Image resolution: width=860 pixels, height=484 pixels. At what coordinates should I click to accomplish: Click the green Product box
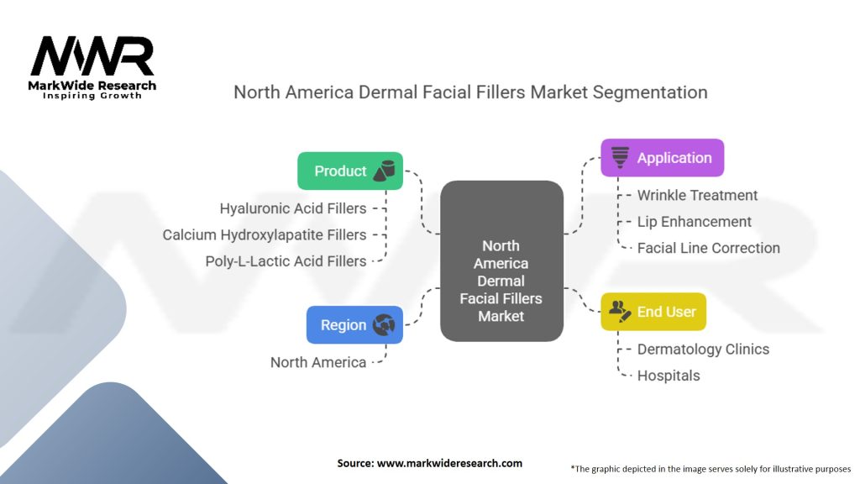[x=350, y=171]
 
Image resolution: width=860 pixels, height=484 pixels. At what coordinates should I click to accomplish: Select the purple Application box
[x=662, y=158]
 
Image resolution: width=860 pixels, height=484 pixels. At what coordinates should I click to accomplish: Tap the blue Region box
[x=355, y=325]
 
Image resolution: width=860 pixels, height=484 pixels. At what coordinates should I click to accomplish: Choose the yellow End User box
[x=653, y=312]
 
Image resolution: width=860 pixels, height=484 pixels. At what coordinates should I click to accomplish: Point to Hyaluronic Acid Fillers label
[x=293, y=208]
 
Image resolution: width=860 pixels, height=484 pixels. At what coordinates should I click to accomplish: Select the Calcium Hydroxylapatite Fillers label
[x=265, y=235]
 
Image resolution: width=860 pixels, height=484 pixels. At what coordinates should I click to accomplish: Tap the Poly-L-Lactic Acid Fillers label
[x=286, y=261]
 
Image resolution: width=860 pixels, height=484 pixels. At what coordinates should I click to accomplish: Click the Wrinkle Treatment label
[x=697, y=196]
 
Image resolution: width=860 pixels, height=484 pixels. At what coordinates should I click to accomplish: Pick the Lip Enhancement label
[x=694, y=222]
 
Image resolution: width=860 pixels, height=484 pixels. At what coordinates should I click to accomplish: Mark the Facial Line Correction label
[x=708, y=248]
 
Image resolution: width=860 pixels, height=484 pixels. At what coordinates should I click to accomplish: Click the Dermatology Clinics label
[x=703, y=349]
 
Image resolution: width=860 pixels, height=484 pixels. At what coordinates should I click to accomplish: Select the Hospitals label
[x=668, y=376]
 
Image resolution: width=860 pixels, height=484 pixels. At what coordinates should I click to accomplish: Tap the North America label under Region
[x=318, y=362]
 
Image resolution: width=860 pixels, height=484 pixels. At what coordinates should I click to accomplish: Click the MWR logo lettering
[x=92, y=56]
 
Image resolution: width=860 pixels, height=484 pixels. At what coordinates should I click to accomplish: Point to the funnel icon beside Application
[x=621, y=157]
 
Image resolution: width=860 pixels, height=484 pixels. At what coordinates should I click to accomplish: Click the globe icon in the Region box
[x=384, y=325]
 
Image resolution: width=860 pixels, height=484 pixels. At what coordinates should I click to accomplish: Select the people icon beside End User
[x=620, y=312]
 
